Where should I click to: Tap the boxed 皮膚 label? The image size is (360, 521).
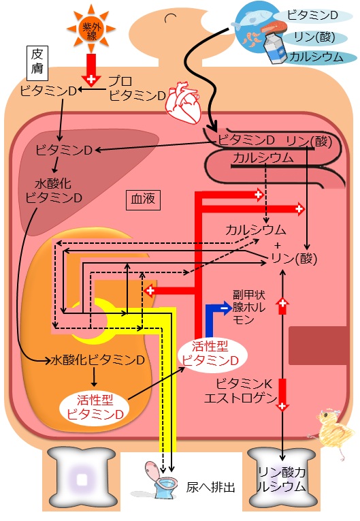(x=37, y=63)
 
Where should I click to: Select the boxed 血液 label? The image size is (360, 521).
(x=143, y=200)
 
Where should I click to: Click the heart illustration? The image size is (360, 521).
(x=184, y=101)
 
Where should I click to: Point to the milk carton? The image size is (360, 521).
(x=276, y=47)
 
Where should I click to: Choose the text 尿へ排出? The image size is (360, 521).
(x=210, y=488)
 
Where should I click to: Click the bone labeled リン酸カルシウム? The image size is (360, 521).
(x=282, y=477)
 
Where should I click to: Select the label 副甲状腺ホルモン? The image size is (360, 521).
(x=249, y=307)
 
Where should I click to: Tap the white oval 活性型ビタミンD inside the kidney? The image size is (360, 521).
(x=95, y=407)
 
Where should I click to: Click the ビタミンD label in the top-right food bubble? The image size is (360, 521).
(x=312, y=15)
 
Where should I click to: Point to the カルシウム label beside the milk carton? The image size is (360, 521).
(x=316, y=57)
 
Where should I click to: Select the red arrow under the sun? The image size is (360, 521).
(x=91, y=69)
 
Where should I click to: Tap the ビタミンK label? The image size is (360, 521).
(x=244, y=384)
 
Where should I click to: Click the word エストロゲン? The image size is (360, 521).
(x=240, y=398)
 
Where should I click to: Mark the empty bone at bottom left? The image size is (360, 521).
(x=82, y=479)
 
